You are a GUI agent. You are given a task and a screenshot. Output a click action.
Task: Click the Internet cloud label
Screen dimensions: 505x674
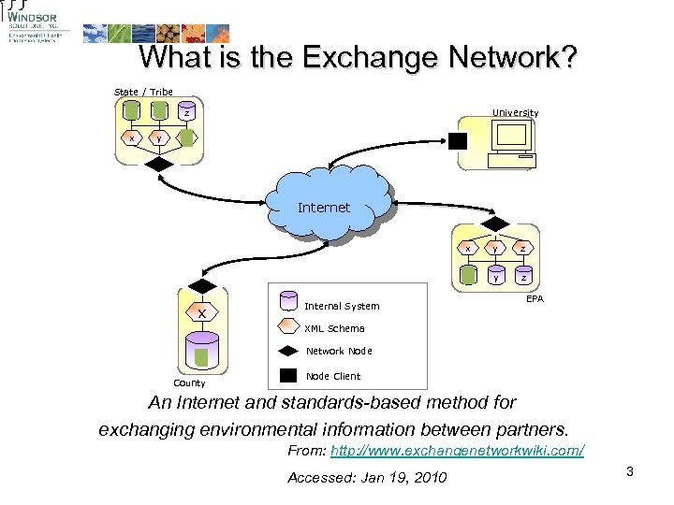[323, 208]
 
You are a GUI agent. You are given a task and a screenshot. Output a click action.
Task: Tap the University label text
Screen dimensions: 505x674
[516, 113]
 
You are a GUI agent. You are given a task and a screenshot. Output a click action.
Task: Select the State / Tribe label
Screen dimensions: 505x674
[143, 92]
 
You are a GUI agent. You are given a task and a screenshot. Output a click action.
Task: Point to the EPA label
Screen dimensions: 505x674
[535, 298]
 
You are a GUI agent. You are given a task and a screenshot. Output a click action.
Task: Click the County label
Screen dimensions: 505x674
[190, 382]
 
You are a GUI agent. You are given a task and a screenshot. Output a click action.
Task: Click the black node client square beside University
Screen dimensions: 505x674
[459, 141]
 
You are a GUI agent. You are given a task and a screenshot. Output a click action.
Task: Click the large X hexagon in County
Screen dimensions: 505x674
[202, 313]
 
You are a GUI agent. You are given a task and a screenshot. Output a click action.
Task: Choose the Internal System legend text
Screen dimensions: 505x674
[342, 306]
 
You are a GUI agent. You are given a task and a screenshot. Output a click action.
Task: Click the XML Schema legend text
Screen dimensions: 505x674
[334, 328]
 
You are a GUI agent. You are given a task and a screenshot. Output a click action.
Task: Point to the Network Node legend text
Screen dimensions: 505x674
[339, 352]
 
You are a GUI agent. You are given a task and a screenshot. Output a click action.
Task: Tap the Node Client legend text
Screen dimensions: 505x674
[333, 376]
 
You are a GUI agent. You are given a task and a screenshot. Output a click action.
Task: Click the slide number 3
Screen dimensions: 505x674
[630, 471]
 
